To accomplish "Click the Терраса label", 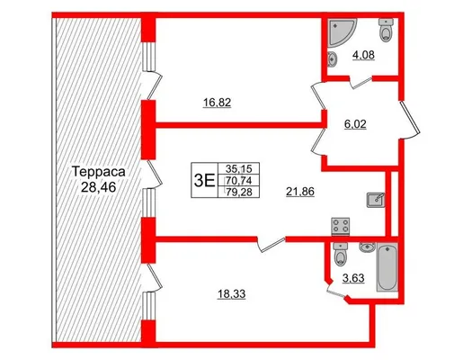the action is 99,172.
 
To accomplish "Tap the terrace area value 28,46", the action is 98,187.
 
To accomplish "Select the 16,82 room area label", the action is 217,103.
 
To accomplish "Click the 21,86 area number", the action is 300,192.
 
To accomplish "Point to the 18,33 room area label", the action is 231,293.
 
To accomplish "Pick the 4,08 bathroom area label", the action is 363,55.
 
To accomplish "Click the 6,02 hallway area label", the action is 355,124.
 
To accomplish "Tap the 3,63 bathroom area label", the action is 353,278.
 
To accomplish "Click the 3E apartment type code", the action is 204,181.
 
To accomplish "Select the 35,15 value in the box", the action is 240,168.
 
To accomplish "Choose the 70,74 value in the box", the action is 240,180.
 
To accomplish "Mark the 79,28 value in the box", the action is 240,192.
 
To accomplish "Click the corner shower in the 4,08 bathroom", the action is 342,32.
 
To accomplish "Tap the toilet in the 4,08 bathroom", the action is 387,30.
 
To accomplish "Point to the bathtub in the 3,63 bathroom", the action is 387,267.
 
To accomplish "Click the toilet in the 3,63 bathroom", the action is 341,255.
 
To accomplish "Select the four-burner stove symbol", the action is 341,227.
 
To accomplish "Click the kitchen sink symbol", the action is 376,200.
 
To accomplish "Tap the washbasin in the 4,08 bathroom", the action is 332,58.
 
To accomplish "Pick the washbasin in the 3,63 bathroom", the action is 367,247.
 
